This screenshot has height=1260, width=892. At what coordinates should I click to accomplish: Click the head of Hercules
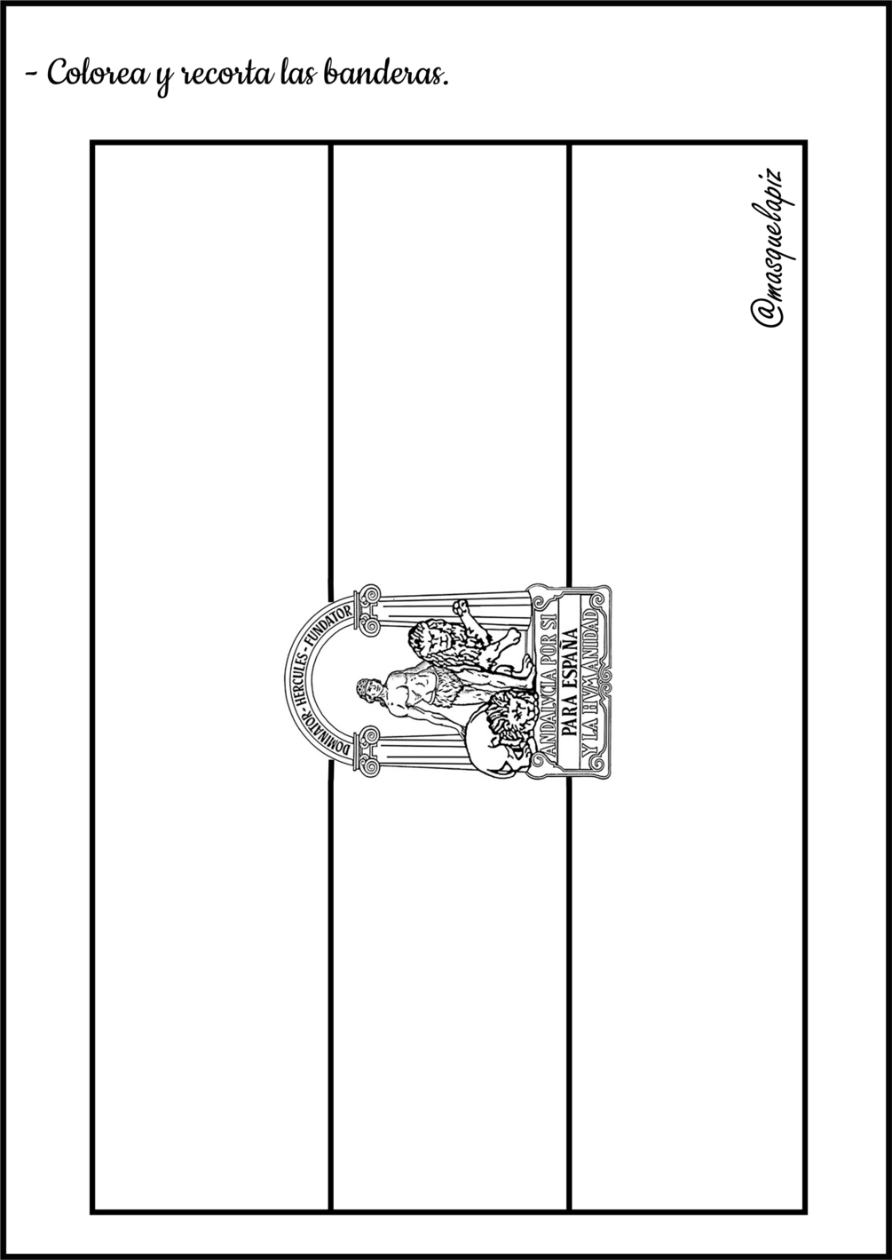click(x=363, y=688)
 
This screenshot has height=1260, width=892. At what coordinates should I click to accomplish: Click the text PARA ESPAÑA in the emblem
click(x=569, y=680)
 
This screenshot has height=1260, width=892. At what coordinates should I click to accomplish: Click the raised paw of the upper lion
click(x=461, y=607)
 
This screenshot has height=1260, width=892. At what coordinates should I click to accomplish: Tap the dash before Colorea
click(x=32, y=75)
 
